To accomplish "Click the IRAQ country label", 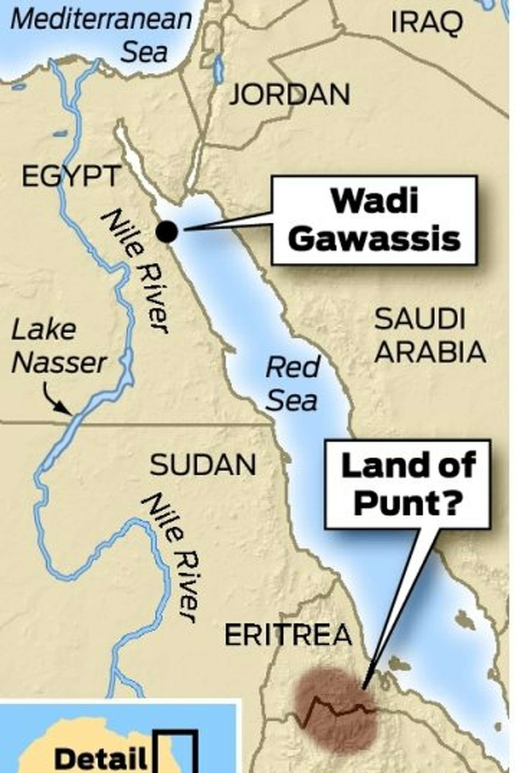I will click(427, 24).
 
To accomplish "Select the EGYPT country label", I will click(70, 176).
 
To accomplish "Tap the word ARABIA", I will click(430, 352).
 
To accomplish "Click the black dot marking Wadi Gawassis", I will click(167, 232).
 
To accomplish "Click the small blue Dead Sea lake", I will click(218, 69).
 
